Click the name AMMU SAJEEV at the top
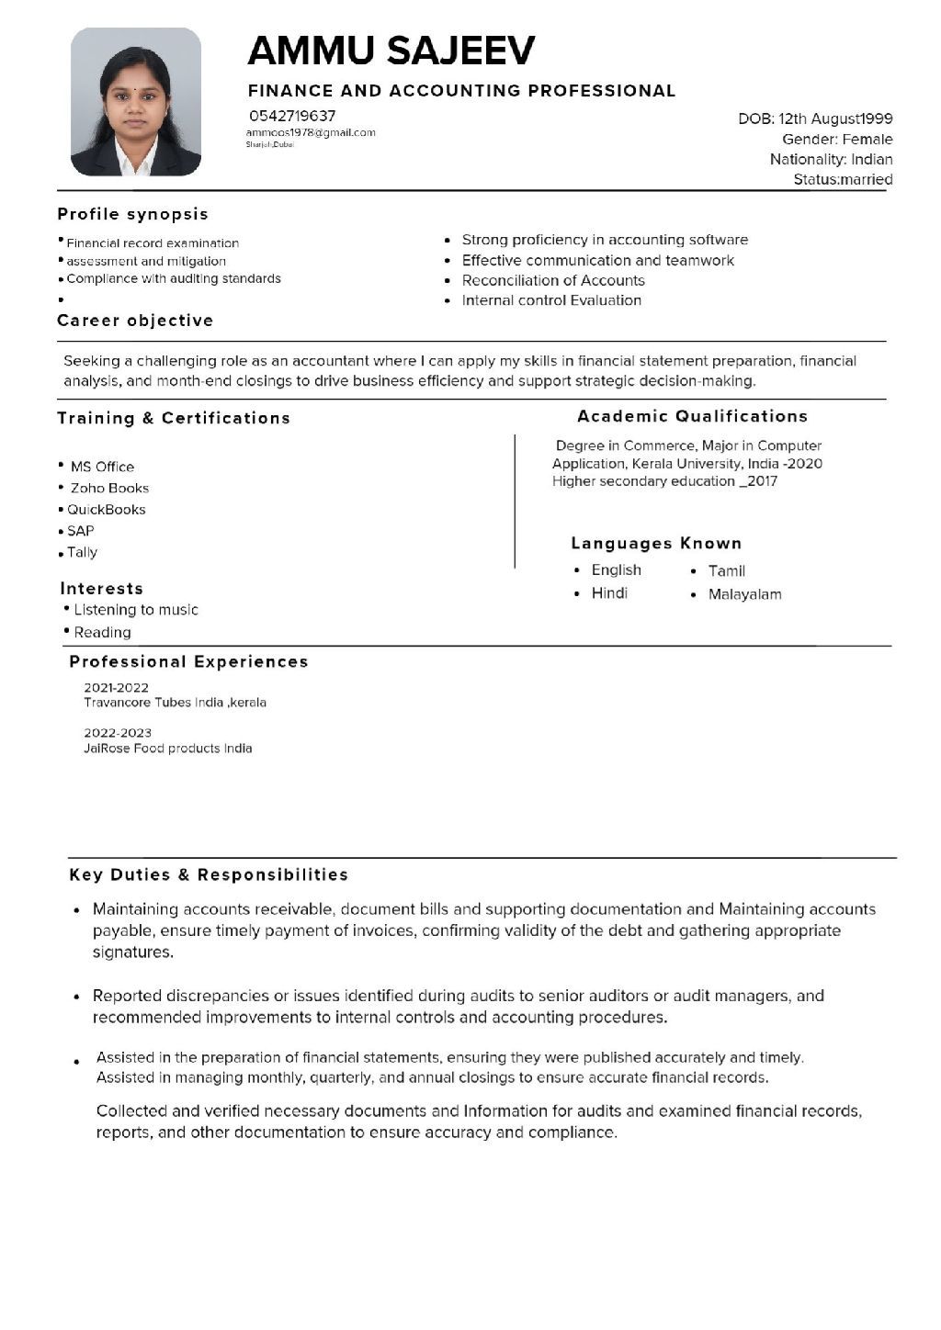391,51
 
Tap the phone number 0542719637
292,116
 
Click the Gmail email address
311,132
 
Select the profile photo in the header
136,101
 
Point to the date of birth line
815,118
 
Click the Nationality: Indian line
831,159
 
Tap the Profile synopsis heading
132,214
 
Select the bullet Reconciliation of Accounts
553,280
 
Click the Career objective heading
135,321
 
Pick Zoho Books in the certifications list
109,488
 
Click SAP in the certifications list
81,531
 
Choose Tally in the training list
82,552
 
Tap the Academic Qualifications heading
692,416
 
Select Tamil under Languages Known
726,571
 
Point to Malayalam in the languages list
744,594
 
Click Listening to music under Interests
136,610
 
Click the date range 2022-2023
118,733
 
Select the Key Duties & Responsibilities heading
209,874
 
